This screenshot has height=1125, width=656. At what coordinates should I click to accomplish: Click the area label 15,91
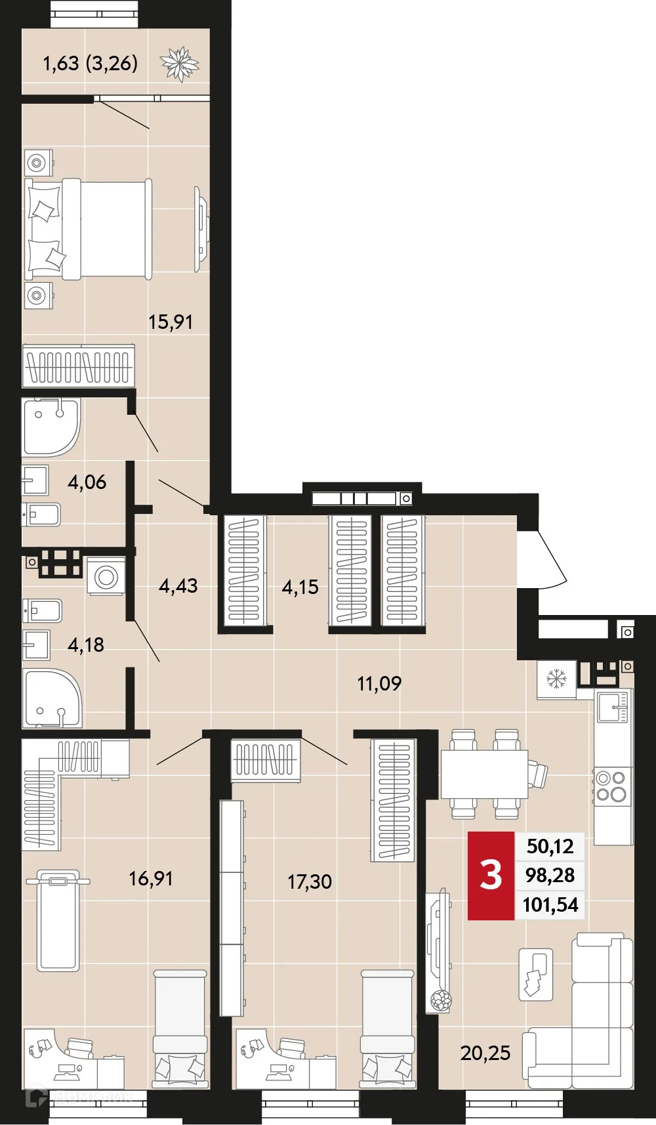tap(171, 322)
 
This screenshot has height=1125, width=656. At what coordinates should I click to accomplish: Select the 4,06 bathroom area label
tap(87, 482)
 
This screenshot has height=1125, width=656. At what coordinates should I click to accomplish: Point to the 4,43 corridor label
tap(178, 585)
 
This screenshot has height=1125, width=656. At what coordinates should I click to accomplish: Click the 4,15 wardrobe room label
tap(300, 587)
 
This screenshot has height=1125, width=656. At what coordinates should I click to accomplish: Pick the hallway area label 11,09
tap(379, 684)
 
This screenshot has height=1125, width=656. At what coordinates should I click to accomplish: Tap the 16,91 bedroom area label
tap(151, 878)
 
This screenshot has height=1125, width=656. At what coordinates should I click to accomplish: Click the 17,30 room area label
tap(310, 881)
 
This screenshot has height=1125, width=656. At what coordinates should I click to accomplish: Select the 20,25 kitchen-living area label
tap(485, 1053)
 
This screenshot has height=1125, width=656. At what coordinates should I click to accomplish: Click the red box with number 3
tap(491, 876)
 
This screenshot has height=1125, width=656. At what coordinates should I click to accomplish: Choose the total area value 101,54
tap(550, 904)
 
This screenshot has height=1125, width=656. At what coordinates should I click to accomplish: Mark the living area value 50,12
tap(550, 846)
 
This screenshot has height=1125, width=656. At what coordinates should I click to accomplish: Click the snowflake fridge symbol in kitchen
tap(556, 679)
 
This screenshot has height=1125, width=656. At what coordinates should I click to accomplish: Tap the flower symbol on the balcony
tap(179, 64)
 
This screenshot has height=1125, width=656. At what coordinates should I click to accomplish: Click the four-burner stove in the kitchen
tap(612, 786)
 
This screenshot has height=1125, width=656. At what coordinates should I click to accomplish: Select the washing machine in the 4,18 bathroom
tap(106, 577)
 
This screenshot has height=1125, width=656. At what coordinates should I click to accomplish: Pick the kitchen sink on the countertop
tap(613, 706)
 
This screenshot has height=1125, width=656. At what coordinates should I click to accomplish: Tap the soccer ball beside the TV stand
tap(441, 1000)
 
